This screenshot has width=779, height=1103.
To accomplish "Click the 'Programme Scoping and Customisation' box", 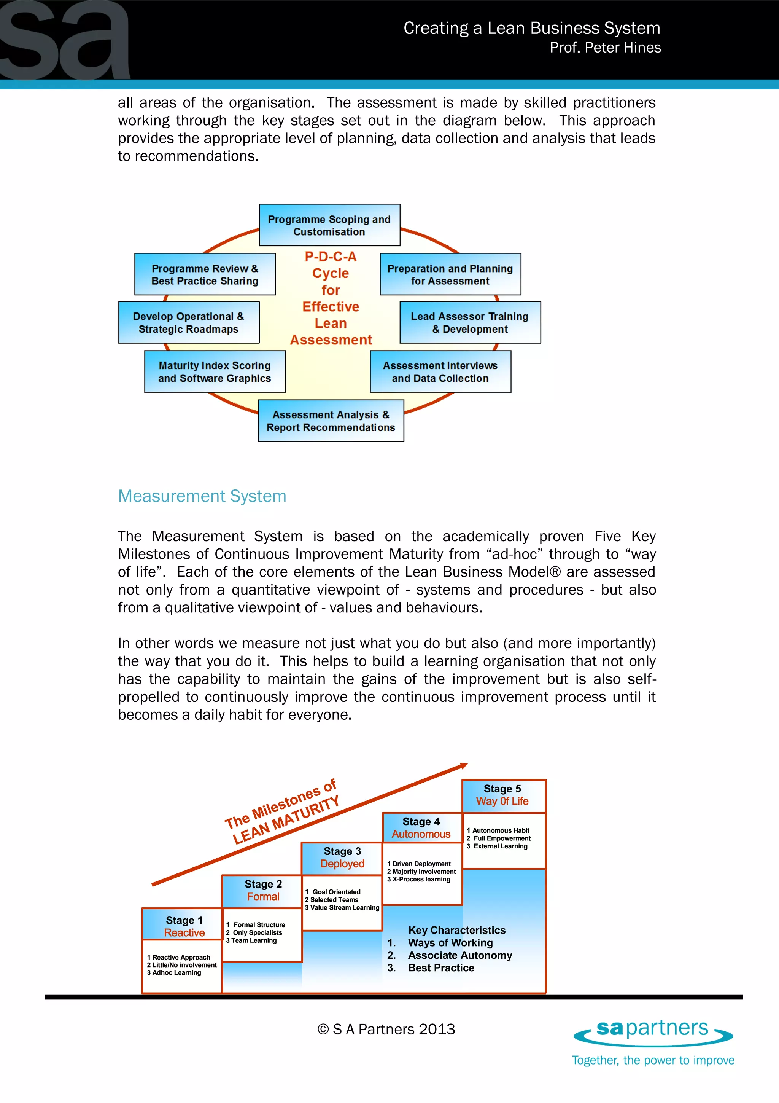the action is [x=329, y=225].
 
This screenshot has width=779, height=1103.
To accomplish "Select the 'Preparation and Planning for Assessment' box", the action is [x=450, y=274].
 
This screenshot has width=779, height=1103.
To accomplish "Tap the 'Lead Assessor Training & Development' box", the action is [x=470, y=322].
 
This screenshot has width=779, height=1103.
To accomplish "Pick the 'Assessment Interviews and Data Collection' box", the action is [x=440, y=372].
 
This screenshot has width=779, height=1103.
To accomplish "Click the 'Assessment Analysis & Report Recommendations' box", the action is [x=331, y=421].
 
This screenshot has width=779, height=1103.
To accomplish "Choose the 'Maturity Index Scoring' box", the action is [x=215, y=372].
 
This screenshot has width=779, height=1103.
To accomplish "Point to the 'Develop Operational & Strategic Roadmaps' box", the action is [x=189, y=322].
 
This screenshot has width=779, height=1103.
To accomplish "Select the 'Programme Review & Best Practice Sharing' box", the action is [x=205, y=274].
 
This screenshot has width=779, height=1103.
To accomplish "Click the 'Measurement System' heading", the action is [x=202, y=496].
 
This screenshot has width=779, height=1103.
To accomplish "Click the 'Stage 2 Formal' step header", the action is [x=263, y=890].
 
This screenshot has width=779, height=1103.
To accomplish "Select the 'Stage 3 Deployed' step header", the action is [x=342, y=857].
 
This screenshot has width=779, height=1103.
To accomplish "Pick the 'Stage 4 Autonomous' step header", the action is [x=421, y=827].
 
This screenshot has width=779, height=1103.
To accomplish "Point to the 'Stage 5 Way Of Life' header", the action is [x=502, y=795].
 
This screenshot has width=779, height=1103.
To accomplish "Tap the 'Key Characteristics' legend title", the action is [x=456, y=930].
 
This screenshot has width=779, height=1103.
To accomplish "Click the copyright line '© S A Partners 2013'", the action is [x=386, y=1029].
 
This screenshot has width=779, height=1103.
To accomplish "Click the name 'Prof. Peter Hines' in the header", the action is [x=605, y=48].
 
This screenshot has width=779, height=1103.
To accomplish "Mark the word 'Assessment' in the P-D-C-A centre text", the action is [x=331, y=340].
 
